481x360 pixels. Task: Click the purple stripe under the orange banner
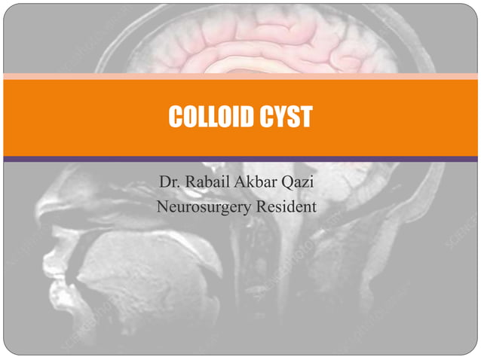tap(240, 159)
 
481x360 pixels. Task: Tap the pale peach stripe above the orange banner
tap(240, 76)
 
